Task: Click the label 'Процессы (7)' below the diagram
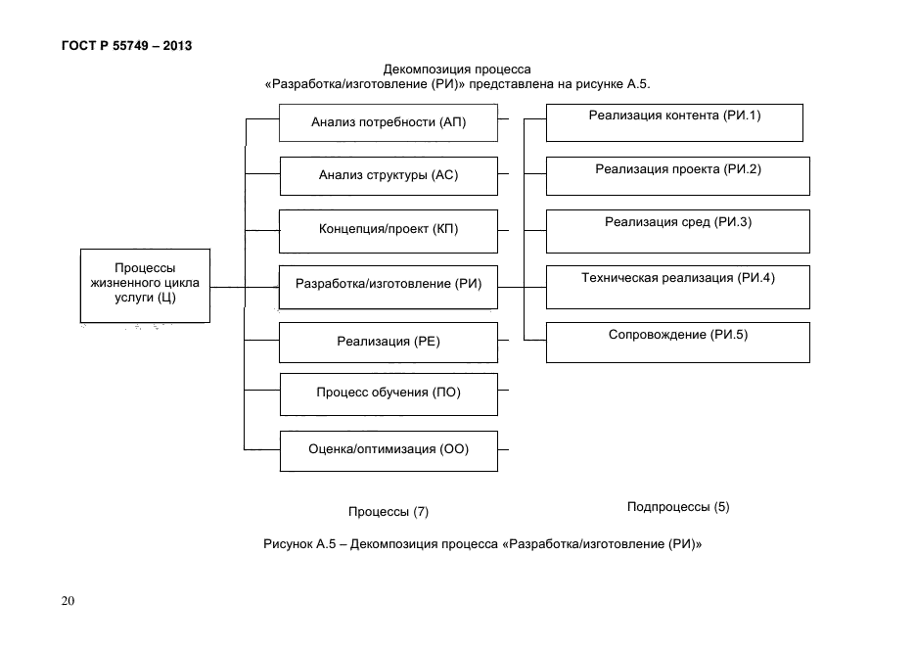(x=389, y=512)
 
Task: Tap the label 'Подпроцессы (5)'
(x=678, y=506)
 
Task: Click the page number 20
(x=68, y=601)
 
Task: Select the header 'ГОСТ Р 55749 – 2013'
(x=126, y=45)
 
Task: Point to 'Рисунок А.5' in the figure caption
(x=299, y=544)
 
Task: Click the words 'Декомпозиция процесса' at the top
(x=457, y=69)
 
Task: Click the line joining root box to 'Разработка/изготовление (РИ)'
(x=245, y=287)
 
